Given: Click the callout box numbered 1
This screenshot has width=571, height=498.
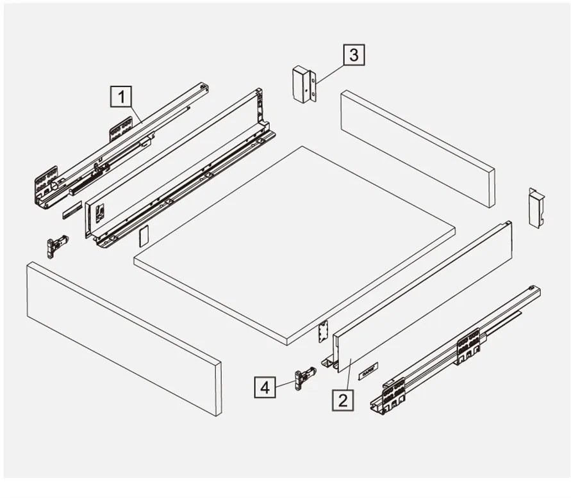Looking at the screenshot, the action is point(121,97).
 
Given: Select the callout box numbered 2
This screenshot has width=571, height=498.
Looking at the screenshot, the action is point(343,400).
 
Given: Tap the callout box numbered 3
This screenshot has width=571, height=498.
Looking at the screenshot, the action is point(354,55).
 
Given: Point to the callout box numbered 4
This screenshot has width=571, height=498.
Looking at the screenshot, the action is point(265,387).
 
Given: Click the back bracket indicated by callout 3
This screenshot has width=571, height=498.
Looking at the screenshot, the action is point(304,84).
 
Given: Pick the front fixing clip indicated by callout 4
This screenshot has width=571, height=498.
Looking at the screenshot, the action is point(305,377).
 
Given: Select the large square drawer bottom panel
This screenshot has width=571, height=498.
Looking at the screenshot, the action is point(294,246).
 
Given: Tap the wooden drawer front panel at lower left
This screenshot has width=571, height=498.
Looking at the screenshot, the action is point(124,339).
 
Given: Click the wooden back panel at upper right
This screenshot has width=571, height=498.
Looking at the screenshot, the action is point(418,149).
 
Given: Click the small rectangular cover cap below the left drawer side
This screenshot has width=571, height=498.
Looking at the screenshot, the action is point(144,236).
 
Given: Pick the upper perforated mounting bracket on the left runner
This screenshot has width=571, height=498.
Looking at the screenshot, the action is point(120,129).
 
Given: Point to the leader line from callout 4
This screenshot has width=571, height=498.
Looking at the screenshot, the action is point(286,383).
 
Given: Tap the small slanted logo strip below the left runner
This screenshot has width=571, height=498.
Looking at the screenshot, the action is point(72,210).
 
